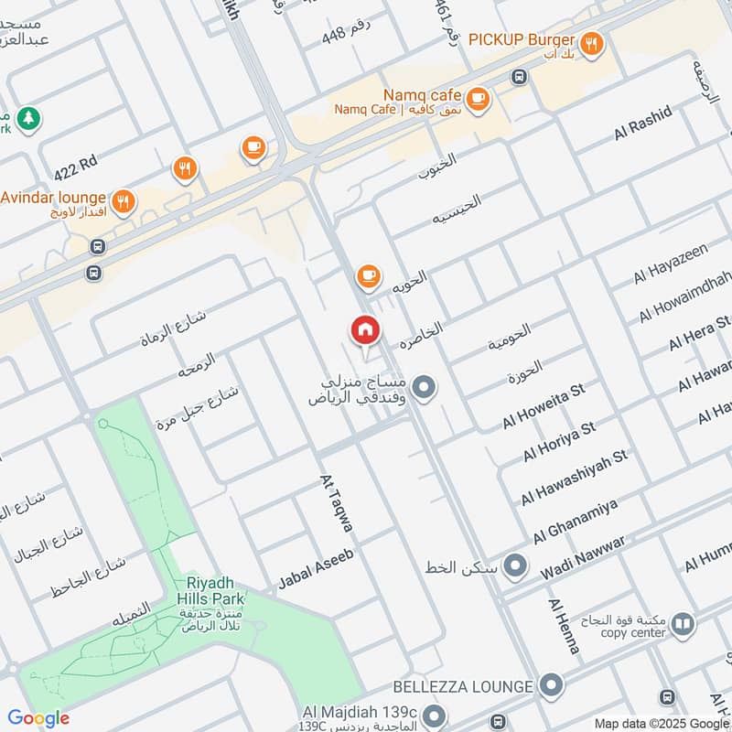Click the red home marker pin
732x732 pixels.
pyautogui.click(x=365, y=329)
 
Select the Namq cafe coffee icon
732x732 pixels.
pyautogui.click(x=476, y=97)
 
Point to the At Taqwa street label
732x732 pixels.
pyautogui.click(x=336, y=503)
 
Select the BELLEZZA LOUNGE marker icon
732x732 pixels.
pyautogui.click(x=550, y=685)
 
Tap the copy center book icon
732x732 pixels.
pyautogui.click(x=683, y=625)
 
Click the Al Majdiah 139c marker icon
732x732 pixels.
pyautogui.click(x=435, y=714)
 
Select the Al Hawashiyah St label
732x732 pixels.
pyautogui.click(x=574, y=478)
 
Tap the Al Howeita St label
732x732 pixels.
pyautogui.click(x=543, y=407)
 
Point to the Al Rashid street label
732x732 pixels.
pyautogui.click(x=643, y=123)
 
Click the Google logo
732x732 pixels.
pyautogui.click(x=38, y=718)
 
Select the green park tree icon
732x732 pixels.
pyautogui.click(x=29, y=119)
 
